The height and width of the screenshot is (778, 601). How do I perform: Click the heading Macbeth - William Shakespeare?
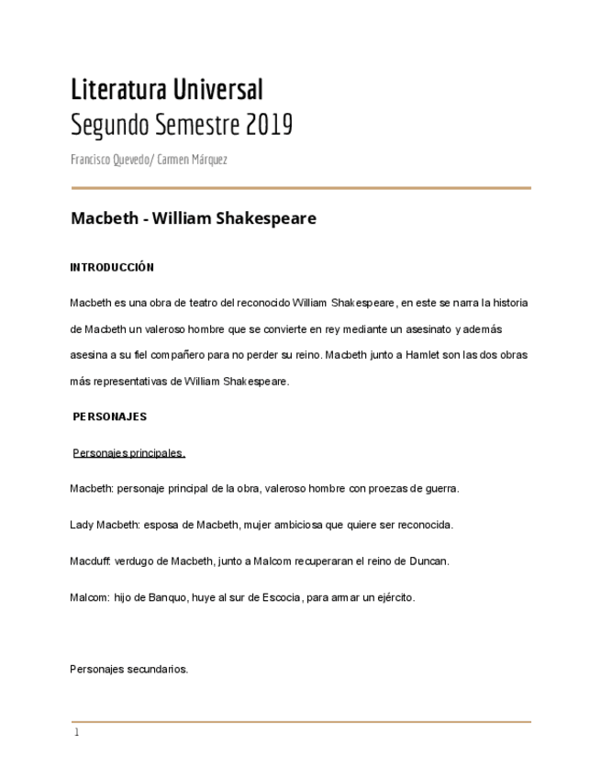coord(194,218)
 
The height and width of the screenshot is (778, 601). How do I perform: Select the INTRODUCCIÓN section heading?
coord(112,268)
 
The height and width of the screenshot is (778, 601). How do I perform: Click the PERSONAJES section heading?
coord(110,417)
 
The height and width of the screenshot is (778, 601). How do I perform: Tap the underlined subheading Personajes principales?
coord(128,452)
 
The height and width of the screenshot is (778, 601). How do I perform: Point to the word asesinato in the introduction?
coord(428,328)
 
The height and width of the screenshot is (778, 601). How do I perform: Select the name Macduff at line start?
coord(90,561)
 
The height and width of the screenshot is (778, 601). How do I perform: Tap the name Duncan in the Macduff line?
coord(429,561)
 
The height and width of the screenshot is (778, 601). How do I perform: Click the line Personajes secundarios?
coord(128,669)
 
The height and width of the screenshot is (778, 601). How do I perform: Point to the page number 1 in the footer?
coord(76,732)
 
